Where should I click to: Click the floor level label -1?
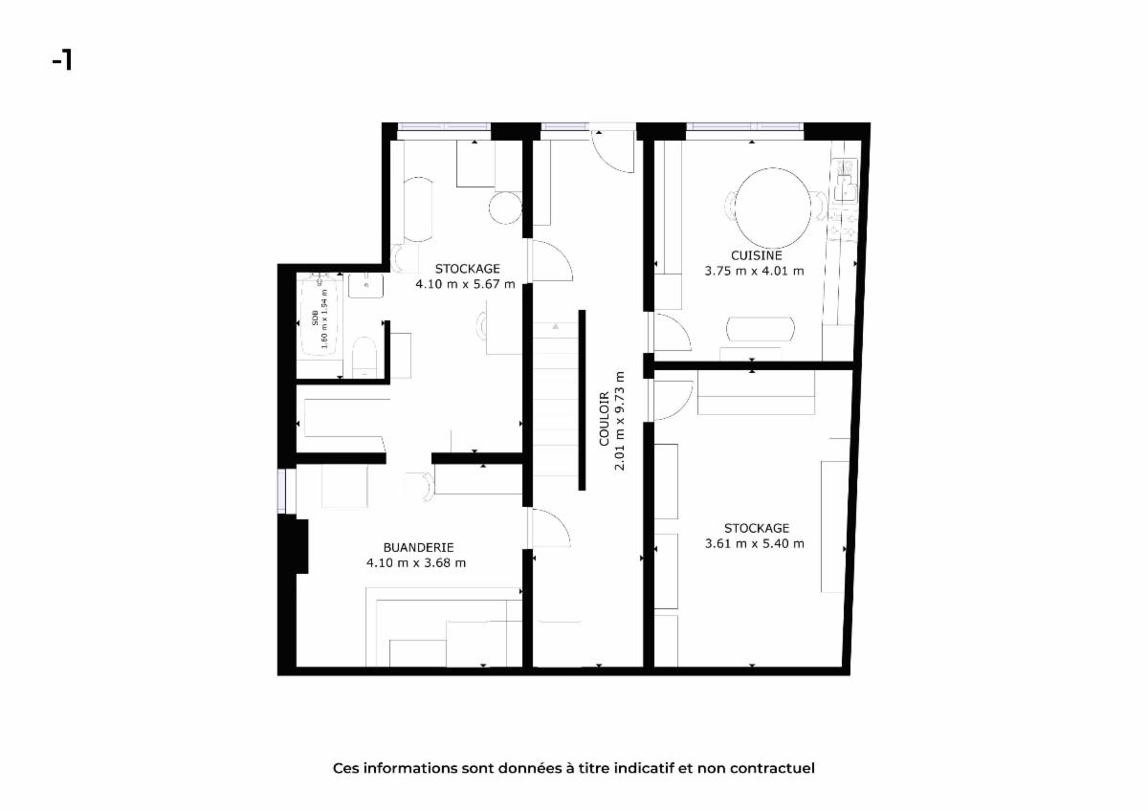(62, 61)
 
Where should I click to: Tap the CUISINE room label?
(757, 255)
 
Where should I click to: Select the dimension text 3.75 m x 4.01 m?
(755, 271)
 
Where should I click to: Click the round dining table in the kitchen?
(773, 208)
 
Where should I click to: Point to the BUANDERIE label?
(419, 547)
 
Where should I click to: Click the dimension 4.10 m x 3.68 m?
(416, 562)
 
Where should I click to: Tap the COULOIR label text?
(605, 419)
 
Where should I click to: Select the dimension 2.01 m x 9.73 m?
(620, 421)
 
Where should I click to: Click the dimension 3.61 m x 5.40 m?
(755, 543)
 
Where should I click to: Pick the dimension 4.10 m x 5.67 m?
(465, 284)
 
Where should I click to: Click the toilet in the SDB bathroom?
(364, 356)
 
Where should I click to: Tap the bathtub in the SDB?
(319, 316)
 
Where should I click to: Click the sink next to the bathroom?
(365, 286)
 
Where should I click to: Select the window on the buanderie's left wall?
(282, 491)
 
